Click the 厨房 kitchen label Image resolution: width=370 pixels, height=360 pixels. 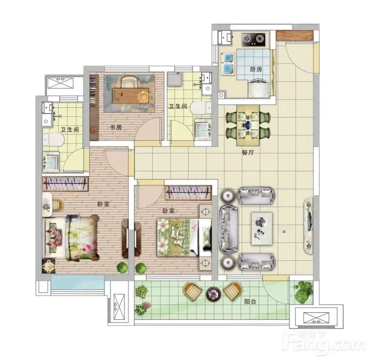(x=256, y=69)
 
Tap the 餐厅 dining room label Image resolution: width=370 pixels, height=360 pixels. (x=248, y=153)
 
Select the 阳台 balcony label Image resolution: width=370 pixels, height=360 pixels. (x=250, y=302)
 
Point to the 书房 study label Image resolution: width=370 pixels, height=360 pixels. (x=116, y=127)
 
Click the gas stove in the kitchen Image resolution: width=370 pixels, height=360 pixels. (x=253, y=40)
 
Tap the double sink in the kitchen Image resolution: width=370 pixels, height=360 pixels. (x=227, y=63)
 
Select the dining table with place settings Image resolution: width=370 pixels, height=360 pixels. (x=248, y=125)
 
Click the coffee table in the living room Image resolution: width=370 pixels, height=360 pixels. (x=262, y=229)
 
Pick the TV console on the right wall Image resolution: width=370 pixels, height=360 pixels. (x=308, y=225)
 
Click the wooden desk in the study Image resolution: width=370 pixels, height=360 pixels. (x=131, y=96)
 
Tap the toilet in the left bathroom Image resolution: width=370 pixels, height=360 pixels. (x=54, y=140)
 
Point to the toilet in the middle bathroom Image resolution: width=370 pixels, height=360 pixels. (x=201, y=108)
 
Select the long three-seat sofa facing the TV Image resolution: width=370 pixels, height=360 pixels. (x=228, y=229)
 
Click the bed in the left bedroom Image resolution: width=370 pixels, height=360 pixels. (x=71, y=237)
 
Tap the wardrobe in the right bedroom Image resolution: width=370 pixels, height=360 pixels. (x=188, y=192)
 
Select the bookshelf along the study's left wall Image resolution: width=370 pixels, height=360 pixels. (x=94, y=107)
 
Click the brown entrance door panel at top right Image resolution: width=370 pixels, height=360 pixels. (x=295, y=35)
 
